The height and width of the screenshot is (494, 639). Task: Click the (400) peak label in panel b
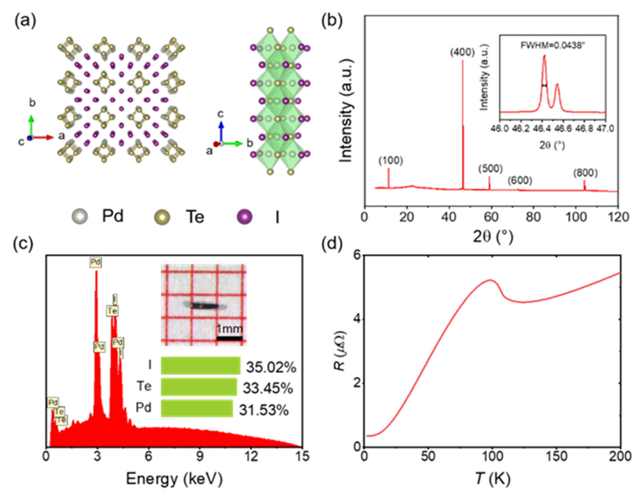click(462, 53)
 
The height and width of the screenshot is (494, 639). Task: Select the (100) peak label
click(391, 161)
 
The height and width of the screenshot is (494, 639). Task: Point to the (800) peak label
click(585, 173)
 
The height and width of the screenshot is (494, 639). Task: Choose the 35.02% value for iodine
click(271, 368)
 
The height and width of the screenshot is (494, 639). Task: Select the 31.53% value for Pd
click(264, 410)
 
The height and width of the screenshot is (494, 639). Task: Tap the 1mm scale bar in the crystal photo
click(229, 338)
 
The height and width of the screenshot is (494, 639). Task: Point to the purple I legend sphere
click(244, 217)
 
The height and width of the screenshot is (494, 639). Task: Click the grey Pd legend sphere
click(80, 217)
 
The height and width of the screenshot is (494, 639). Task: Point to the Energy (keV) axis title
click(174, 479)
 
